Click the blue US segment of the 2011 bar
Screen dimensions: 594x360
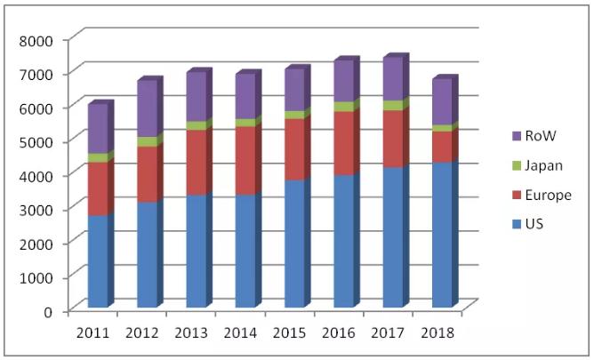coord(98,261)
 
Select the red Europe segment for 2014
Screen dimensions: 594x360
coord(245,161)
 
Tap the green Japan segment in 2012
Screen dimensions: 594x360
coord(147,141)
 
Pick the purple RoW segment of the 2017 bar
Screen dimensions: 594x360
coord(393,79)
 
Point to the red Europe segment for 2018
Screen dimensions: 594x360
coord(443,147)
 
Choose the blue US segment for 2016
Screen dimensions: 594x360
coord(344,241)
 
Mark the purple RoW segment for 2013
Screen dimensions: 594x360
coord(197,97)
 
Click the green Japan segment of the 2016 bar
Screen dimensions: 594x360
coord(344,107)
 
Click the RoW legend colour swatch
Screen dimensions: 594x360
coord(517,136)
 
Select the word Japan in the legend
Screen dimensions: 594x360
coord(543,166)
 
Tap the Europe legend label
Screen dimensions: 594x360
coord(548,195)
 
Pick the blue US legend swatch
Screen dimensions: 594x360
coord(517,224)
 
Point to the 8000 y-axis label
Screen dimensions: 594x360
coord(36,41)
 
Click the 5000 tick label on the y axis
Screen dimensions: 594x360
coord(36,142)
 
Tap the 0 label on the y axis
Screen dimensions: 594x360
coord(48,312)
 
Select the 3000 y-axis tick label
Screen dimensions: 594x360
coord(36,210)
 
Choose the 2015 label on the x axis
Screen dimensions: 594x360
coord(289,333)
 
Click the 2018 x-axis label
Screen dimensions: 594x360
coord(437,333)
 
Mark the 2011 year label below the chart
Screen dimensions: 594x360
coord(92,333)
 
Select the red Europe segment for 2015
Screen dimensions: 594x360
coord(294,149)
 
